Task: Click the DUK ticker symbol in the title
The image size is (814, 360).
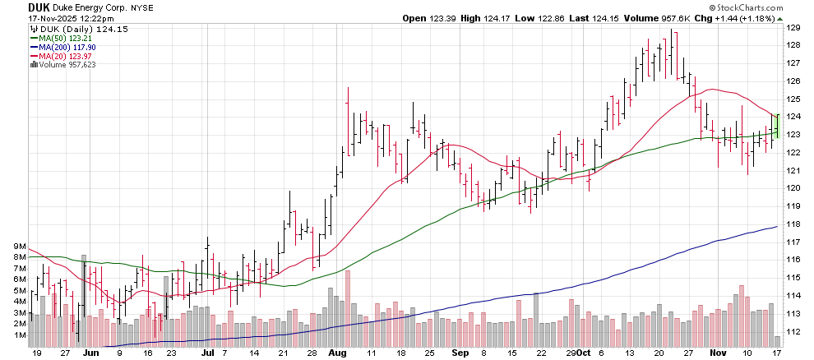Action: tap(16, 6)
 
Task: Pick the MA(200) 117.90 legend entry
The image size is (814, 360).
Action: tap(65, 47)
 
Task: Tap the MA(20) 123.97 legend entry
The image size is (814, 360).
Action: tap(63, 56)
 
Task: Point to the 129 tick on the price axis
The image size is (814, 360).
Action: tap(794, 27)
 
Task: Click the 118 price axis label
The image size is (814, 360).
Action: tap(794, 224)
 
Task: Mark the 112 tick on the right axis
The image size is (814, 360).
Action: tap(794, 332)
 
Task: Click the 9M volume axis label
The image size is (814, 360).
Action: tap(21, 247)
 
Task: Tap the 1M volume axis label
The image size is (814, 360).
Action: tap(21, 335)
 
